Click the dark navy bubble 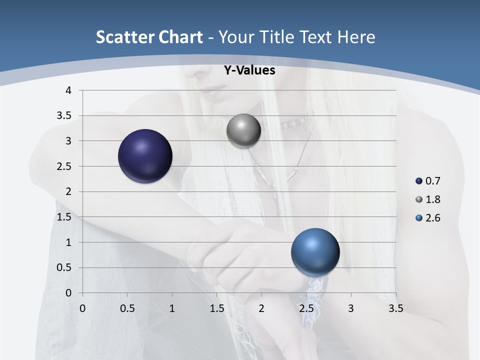[145, 156]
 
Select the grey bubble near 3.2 [243, 131]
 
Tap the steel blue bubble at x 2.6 [315, 252]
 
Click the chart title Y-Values [249, 70]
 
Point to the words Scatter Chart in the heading [149, 37]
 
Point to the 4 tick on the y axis [69, 90]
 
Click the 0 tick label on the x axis [82, 308]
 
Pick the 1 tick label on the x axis [172, 308]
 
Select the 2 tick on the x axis [261, 308]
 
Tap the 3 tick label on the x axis [351, 308]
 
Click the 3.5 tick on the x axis [395, 308]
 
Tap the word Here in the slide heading [355, 37]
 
